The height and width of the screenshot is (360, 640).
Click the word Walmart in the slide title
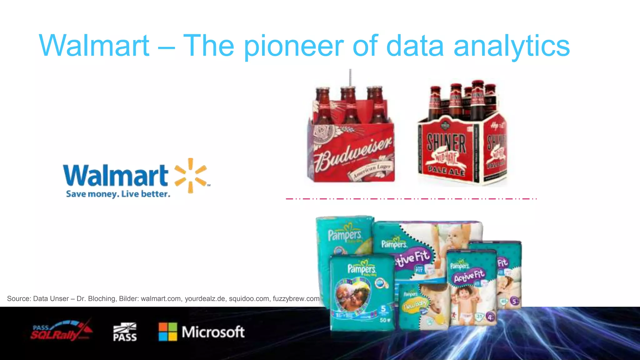94,46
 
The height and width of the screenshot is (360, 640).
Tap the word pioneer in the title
293,46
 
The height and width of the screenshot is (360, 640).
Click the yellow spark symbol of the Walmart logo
190,175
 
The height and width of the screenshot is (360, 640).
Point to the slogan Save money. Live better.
118,194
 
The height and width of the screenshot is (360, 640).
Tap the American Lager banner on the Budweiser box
372,171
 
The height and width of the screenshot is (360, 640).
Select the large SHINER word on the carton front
446,143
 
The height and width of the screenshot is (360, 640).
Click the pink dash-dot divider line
411,198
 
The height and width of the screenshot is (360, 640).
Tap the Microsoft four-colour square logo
168,332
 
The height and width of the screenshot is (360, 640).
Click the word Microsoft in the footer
213,332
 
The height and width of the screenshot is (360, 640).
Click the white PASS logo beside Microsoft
125,332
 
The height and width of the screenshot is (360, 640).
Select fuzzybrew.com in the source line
296,298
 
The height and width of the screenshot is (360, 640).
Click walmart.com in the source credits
161,298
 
